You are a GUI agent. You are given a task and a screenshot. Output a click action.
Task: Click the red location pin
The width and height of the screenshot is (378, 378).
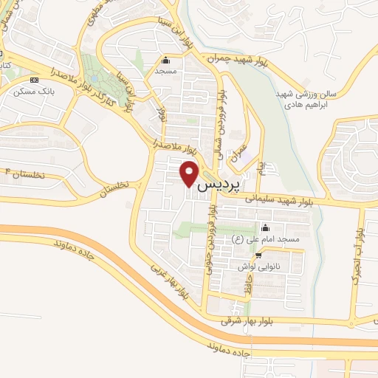[190, 173]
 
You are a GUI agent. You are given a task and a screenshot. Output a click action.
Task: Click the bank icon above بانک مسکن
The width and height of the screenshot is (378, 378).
[33, 80]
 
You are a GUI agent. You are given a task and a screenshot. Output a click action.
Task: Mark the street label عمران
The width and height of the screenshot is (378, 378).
[238, 151]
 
